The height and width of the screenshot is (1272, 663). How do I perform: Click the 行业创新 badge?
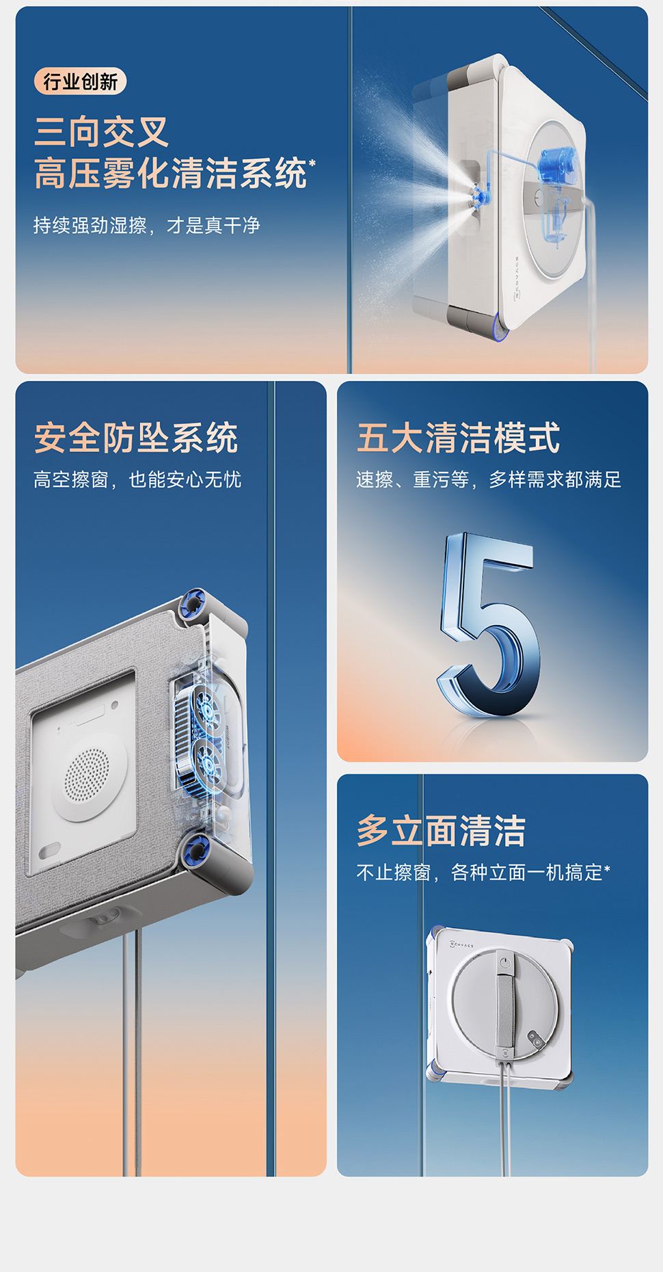coord(80,82)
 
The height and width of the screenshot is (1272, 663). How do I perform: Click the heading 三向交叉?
coord(102,132)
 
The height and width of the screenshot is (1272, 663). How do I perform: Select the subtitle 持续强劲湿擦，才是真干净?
coord(147,225)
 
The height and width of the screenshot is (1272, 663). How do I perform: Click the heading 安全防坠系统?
coord(136,438)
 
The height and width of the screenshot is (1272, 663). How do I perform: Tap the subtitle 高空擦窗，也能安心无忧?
coord(137,479)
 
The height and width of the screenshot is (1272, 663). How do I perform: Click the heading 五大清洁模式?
coord(458,438)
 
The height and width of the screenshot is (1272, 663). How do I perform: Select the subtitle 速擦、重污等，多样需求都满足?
coord(489,479)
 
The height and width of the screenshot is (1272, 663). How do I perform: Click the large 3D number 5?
coord(489,624)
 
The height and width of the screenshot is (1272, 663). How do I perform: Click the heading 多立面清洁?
coord(441,831)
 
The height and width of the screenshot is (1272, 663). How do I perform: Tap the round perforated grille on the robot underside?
coord(87,777)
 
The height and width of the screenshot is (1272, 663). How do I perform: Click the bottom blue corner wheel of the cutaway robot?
coord(196,850)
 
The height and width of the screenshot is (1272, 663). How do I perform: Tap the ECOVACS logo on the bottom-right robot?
coord(461,944)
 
